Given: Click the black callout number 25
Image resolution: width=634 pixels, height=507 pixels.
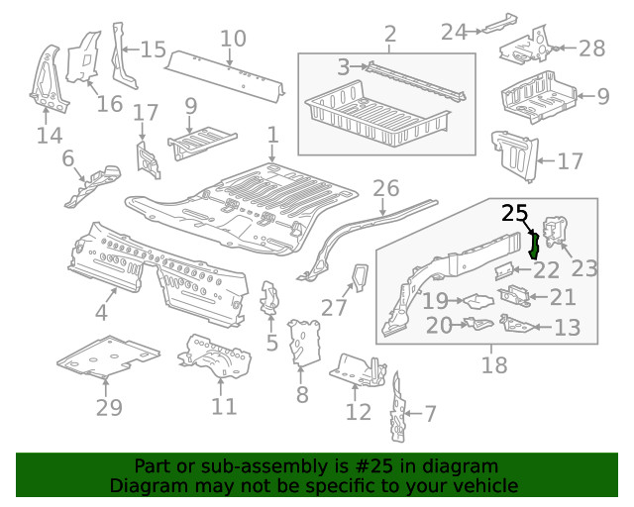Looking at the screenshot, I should pos(515,212).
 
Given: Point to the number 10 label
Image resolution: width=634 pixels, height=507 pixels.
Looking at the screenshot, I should pos(233,39).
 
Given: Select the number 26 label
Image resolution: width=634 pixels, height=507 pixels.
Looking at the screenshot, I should pos(385,188).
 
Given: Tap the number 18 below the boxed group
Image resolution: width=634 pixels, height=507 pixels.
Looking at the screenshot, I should pos(493,365).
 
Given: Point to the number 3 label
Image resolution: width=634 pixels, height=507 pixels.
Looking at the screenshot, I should pos(344,67).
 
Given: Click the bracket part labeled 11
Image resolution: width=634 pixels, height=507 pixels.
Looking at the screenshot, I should pos(213,356).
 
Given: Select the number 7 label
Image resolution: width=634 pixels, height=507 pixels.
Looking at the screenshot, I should pos(429,413).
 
